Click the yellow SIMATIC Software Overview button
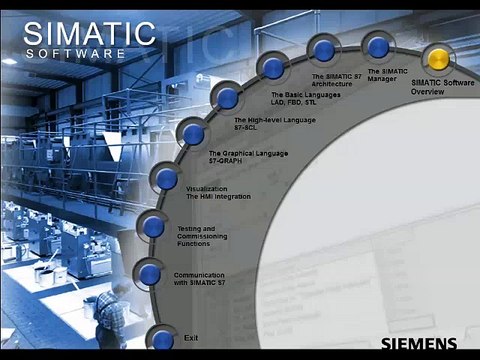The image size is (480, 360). [x=435, y=56]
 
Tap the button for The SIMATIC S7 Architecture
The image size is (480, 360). [x=321, y=49]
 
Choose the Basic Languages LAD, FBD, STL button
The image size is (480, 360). [x=272, y=68]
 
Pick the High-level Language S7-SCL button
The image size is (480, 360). [x=228, y=98]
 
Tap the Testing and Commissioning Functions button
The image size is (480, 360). [x=153, y=226]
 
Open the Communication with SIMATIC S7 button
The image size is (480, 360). [x=150, y=273]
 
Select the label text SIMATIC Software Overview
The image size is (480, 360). [x=441, y=87]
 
